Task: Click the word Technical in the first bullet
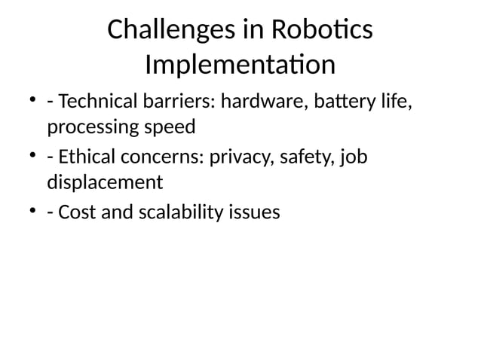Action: click(94, 100)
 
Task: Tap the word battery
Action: click(342, 100)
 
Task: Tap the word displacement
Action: click(105, 182)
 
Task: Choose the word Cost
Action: click(75, 212)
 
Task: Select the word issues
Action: click(254, 212)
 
